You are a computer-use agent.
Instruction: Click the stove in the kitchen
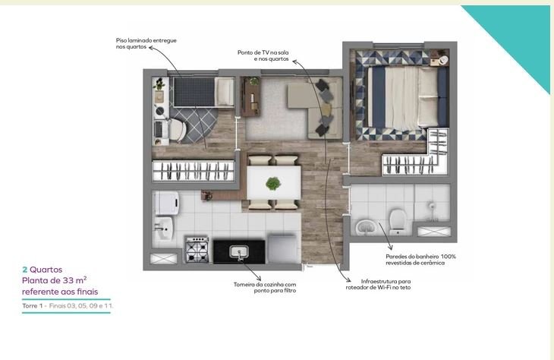(197, 250)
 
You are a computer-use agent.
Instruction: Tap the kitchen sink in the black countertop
(239, 252)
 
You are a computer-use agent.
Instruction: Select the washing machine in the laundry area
(167, 203)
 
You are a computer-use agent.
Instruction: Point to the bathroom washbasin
(366, 226)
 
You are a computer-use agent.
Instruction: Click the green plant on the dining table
(273, 184)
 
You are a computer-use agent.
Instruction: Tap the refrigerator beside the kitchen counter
(282, 248)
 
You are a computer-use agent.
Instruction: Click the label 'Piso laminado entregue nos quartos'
(146, 43)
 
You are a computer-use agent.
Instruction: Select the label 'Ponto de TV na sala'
(263, 52)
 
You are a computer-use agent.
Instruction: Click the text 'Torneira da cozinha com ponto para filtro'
(265, 288)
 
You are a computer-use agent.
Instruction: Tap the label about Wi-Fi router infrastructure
(379, 285)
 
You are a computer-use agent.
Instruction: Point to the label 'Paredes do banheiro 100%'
(420, 257)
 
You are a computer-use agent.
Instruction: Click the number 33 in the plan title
(68, 280)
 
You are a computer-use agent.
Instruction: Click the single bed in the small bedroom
(203, 92)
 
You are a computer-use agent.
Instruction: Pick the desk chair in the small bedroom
(178, 129)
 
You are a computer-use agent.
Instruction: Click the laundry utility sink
(164, 229)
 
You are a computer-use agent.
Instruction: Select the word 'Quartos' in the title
(46, 270)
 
